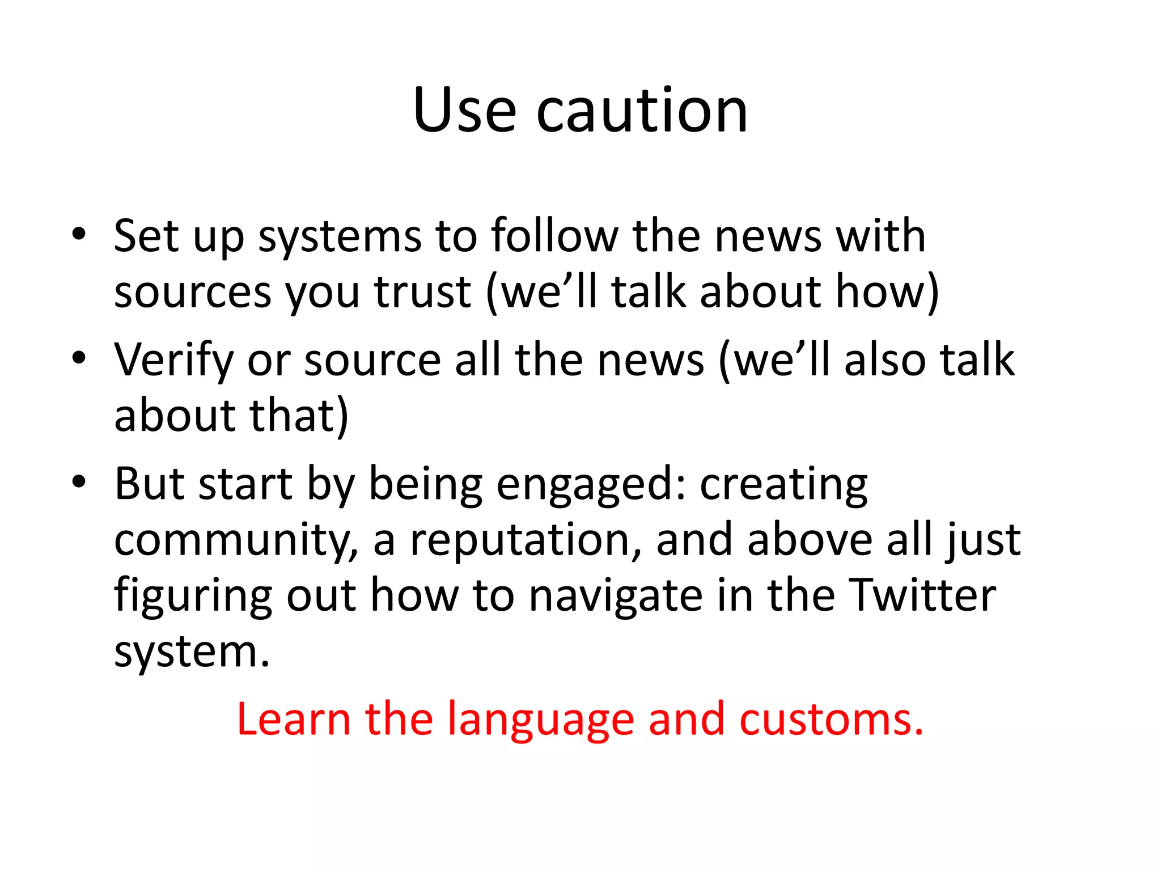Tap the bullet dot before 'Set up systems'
coord(79,234)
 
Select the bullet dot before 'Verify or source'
coord(79,358)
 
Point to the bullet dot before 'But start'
coord(79,482)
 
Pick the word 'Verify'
coord(173,360)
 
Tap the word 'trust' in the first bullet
coord(422,293)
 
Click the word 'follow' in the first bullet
coord(554,236)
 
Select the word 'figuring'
coord(193,597)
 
